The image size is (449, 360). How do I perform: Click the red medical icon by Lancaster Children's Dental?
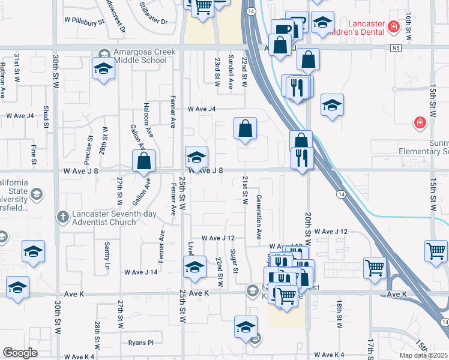393,26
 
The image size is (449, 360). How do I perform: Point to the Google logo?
20,353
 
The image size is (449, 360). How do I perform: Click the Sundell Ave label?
231,71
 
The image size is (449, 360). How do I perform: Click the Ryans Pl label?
141,343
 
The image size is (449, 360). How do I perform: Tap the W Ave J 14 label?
140,272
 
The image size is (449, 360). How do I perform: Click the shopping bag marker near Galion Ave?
144,161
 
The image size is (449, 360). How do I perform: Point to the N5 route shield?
394,47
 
